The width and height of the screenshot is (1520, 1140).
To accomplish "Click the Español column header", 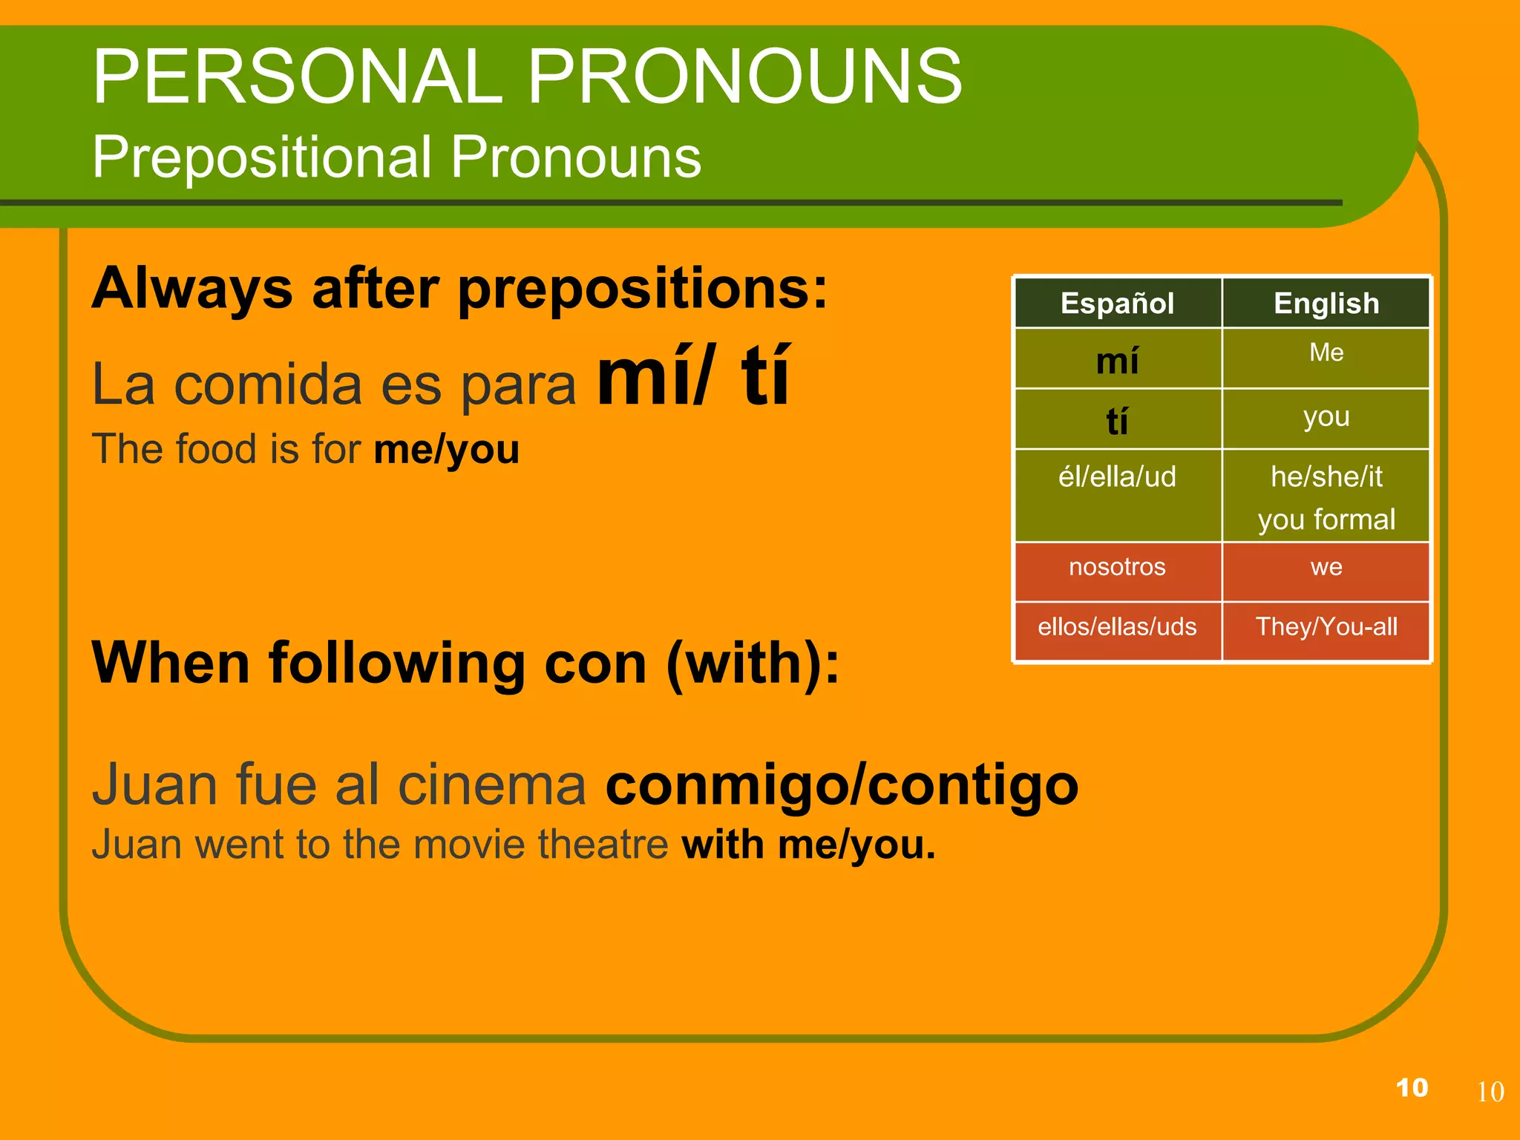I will [x=1117, y=304].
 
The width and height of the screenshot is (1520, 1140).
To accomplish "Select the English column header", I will [x=1326, y=304].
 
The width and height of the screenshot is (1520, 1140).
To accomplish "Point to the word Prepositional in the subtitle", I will [x=262, y=157].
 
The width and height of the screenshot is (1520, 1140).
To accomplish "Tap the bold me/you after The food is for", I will [x=446, y=451].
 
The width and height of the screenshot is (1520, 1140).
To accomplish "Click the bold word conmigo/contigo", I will [x=842, y=786].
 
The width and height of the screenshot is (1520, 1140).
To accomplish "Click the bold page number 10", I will [x=1412, y=1088].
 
